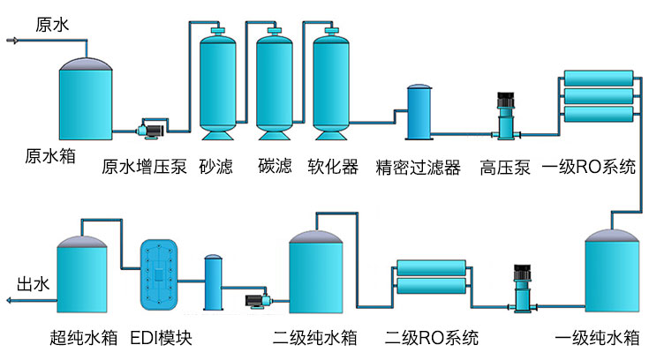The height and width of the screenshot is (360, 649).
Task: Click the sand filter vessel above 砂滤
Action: [215, 85]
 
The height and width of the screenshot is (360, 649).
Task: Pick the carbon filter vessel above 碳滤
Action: [273, 85]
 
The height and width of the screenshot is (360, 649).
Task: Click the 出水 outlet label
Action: [33, 284]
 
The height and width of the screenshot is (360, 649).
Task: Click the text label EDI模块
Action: [160, 338]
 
